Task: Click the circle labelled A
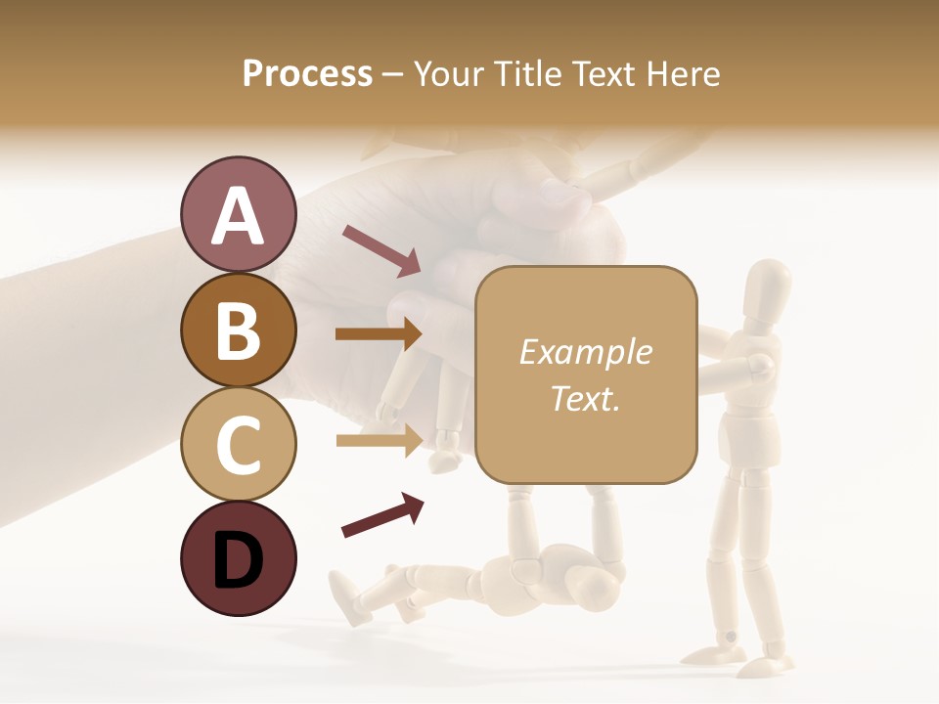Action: pos(238,214)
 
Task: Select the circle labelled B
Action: pos(238,330)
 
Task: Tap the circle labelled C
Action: pos(238,444)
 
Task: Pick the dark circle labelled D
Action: pos(238,558)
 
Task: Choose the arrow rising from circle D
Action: pos(381,515)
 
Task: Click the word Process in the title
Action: pos(307,73)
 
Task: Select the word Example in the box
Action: pos(585,352)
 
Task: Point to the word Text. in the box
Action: pos(585,397)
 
